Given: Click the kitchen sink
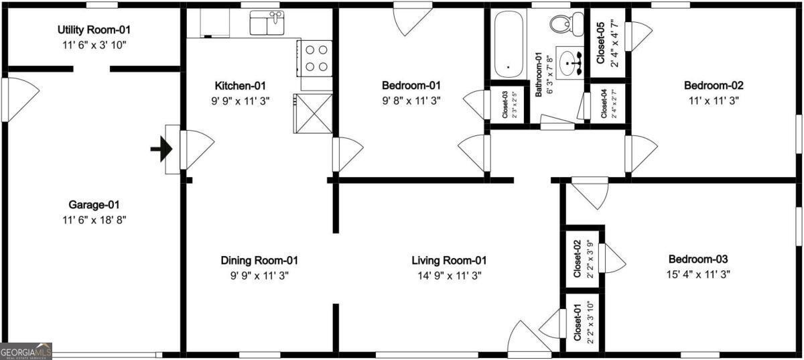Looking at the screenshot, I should [266, 23].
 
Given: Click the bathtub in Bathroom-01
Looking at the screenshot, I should [507, 46].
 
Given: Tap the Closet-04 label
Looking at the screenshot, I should [603, 103].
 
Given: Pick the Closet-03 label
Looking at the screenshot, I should [505, 104].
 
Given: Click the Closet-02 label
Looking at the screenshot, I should [576, 259].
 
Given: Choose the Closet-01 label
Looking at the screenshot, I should [576, 322].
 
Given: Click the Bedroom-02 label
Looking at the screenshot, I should [714, 86].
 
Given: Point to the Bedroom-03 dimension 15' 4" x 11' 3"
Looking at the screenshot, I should [697, 274].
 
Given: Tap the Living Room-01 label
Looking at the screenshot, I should [448, 260].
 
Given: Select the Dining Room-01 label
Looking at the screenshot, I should [259, 260].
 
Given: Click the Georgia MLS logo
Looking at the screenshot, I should [25, 351].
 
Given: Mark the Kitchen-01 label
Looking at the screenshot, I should [241, 86].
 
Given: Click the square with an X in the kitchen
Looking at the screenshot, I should [313, 113].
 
